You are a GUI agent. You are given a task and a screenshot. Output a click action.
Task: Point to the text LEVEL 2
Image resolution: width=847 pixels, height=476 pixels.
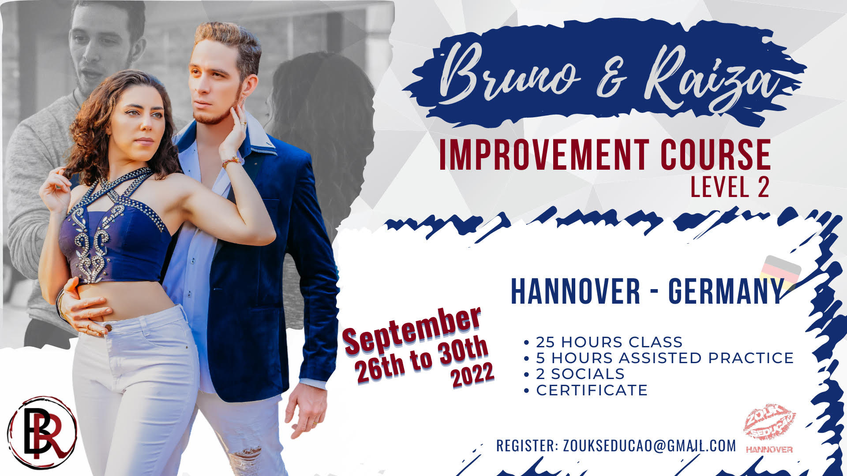tap(730, 187)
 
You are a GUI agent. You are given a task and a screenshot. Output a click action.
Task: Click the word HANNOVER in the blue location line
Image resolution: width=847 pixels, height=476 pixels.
tap(575, 291)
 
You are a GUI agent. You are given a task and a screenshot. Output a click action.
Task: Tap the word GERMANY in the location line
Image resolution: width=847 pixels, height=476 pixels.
tap(726, 291)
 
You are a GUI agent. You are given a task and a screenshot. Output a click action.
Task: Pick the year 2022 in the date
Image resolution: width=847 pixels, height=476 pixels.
tap(472, 376)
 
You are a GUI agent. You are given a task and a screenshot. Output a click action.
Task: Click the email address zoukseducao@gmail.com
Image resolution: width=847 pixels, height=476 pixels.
tap(649, 446)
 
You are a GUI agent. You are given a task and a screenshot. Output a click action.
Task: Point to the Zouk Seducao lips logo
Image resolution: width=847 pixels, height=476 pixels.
tap(769, 423)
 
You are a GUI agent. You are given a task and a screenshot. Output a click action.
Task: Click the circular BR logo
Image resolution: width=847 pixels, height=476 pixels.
tap(42, 432)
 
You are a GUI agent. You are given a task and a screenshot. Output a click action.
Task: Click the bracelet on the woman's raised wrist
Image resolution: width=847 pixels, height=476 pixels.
tap(231, 162)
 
